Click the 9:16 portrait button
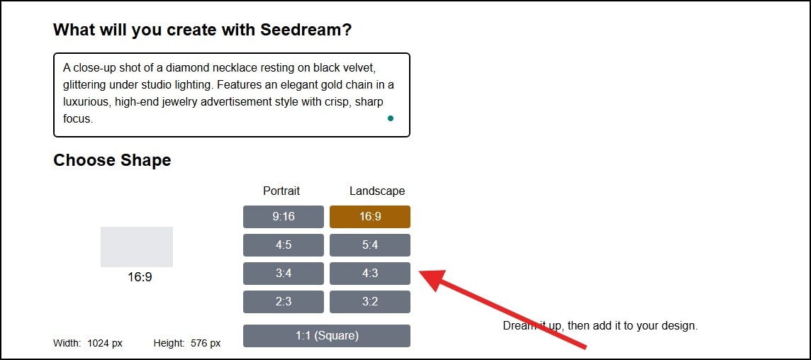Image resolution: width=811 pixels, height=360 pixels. tap(284, 217)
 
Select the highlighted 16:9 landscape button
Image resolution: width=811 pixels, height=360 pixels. tap(370, 217)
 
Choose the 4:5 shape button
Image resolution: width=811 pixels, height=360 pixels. tap(284, 245)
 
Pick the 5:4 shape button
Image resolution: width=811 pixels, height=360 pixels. tap(370, 245)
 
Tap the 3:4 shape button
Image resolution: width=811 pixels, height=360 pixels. tap(284, 274)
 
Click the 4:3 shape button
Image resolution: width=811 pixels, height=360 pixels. tap(370, 274)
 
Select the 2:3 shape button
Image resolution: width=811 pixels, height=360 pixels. tap(284, 302)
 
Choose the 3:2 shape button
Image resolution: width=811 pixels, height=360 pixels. tap(370, 302)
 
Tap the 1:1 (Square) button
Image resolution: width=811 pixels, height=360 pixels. tap(327, 336)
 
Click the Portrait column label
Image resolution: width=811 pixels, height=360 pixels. tap(281, 191)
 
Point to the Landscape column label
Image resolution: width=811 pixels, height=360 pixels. tap(377, 191)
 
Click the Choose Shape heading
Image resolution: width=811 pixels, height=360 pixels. tap(112, 160)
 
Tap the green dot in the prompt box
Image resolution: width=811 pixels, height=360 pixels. tap(391, 118)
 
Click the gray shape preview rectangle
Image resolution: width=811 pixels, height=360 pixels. tap(137, 247)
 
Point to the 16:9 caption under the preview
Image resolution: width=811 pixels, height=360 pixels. tap(140, 277)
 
